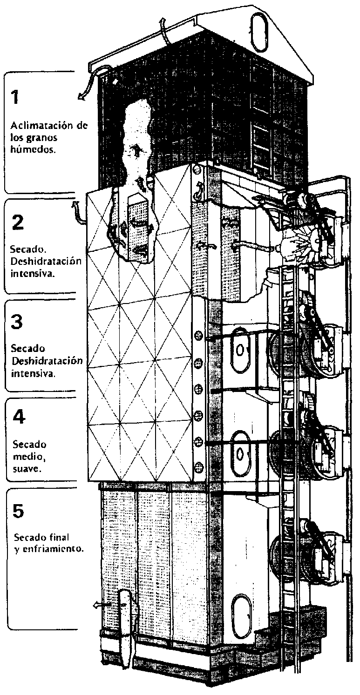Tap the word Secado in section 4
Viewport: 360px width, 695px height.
pyautogui.click(x=27, y=444)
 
